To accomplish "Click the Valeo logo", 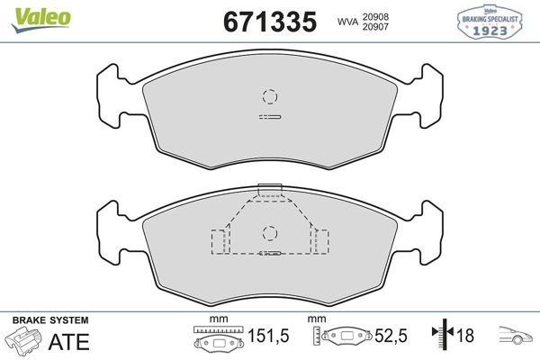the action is (41, 20).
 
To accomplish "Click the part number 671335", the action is (270, 22).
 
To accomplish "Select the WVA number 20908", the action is (375, 16).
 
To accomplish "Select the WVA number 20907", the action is (375, 26).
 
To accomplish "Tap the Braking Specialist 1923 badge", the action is (490, 22).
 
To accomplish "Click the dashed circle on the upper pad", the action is (270, 96).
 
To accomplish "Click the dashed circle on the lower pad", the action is (270, 233).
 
